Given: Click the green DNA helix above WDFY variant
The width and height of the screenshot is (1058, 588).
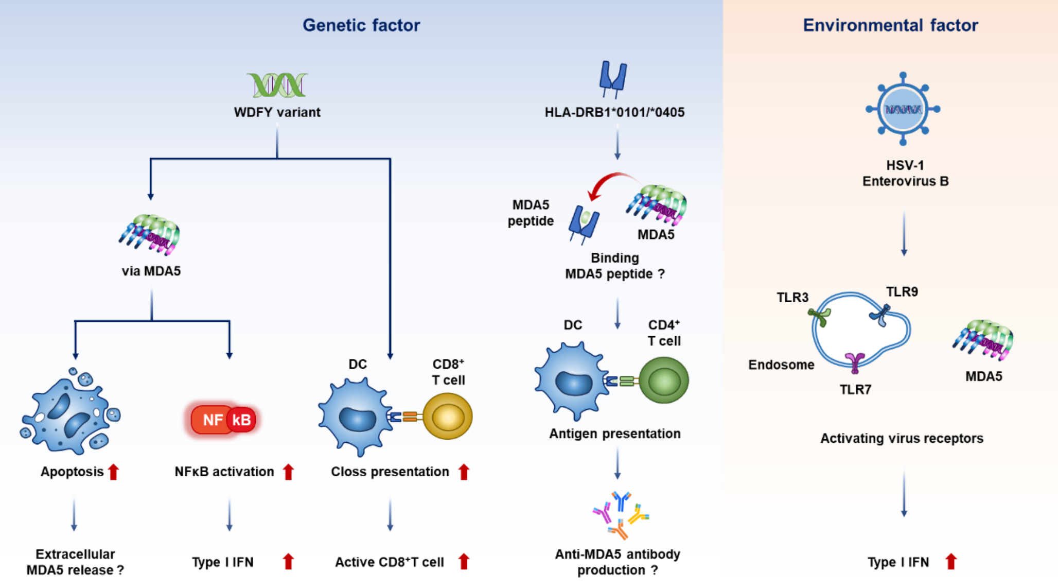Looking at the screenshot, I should [277, 85].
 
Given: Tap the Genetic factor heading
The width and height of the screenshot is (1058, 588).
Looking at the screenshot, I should [361, 25].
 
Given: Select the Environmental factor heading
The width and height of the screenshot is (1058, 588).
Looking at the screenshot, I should [890, 25].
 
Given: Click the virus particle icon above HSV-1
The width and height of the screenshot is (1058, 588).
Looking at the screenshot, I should [903, 109].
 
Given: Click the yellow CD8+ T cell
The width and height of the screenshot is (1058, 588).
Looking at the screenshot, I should [448, 416].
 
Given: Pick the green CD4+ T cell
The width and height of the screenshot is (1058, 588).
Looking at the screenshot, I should [664, 381].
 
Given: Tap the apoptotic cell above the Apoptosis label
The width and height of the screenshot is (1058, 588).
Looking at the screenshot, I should [70, 412].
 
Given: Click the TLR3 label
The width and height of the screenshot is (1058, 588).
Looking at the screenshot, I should [792, 298].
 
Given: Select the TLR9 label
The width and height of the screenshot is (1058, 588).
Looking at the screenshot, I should [902, 292].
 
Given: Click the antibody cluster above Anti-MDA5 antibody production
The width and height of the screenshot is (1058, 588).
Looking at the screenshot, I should [621, 515].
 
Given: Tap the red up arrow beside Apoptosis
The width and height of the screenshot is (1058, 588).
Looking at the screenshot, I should [114, 472].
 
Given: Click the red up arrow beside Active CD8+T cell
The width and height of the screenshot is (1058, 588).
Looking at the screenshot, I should [464, 561].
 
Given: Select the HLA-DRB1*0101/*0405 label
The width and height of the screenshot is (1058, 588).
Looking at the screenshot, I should [614, 112].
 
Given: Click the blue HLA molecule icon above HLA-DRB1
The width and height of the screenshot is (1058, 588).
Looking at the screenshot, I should [613, 79].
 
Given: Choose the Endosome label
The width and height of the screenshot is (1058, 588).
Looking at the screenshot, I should [781, 365].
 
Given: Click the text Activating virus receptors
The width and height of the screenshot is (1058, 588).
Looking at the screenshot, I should [902, 439].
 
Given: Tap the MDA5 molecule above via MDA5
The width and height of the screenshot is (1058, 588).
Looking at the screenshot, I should [150, 235].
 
